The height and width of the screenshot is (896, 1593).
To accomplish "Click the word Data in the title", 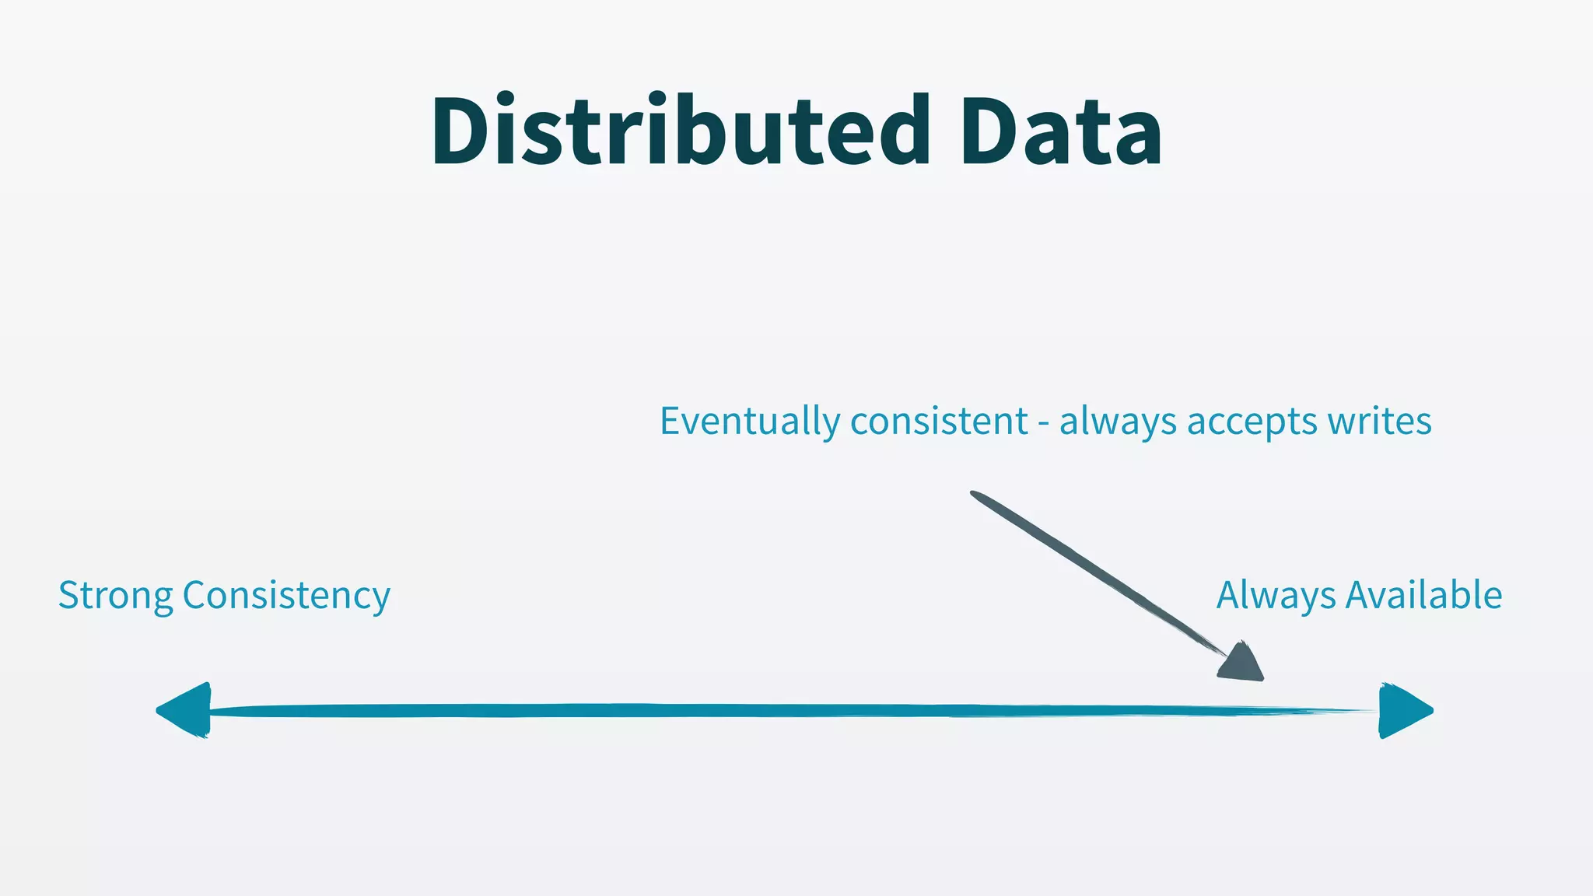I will click(x=1061, y=130).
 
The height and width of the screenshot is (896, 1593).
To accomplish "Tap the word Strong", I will click(x=116, y=596).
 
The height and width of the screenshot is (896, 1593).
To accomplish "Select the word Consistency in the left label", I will click(x=286, y=596).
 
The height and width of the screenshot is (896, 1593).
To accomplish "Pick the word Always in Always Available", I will click(x=1276, y=596).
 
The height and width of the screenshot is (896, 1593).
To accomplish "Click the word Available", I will click(x=1424, y=595).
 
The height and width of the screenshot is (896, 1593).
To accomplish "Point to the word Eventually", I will click(x=750, y=422).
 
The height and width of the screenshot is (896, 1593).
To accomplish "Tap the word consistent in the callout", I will click(x=940, y=422).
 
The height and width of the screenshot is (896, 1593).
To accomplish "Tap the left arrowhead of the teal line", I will click(x=187, y=710).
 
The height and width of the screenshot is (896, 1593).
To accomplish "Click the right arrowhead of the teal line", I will click(x=1403, y=710).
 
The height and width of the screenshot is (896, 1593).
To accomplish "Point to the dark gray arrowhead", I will click(x=1243, y=663).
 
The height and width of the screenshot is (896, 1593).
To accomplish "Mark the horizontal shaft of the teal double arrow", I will click(x=778, y=710).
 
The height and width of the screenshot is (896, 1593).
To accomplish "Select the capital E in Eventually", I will click(x=671, y=421).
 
